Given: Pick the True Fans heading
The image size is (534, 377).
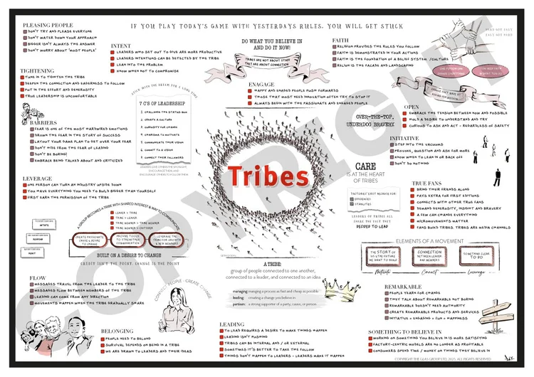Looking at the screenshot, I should tap(427, 184).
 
